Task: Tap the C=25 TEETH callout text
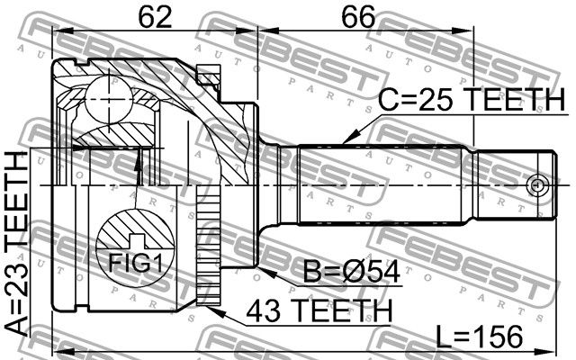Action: point(472,99)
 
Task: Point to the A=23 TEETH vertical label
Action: point(17,244)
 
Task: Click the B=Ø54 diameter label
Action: point(352,272)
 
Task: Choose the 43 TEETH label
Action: point(319,310)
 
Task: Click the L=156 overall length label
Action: point(479,337)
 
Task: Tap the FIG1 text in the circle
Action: point(135,262)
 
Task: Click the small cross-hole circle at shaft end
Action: point(537,184)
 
